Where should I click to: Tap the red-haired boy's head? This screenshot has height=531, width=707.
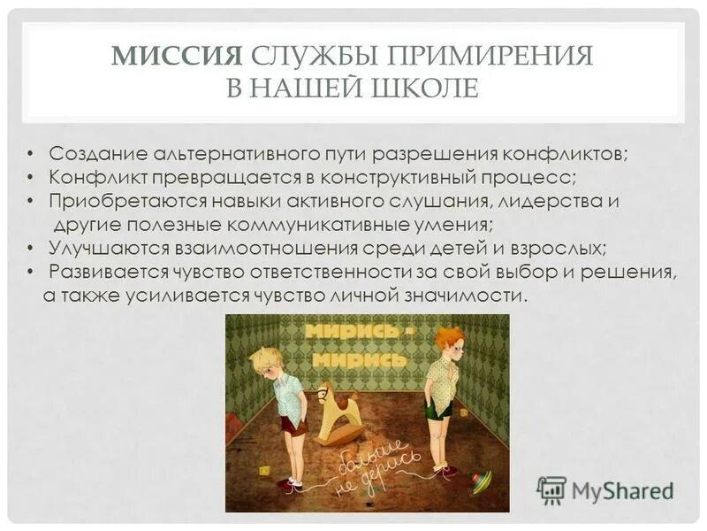tap(449, 342)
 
